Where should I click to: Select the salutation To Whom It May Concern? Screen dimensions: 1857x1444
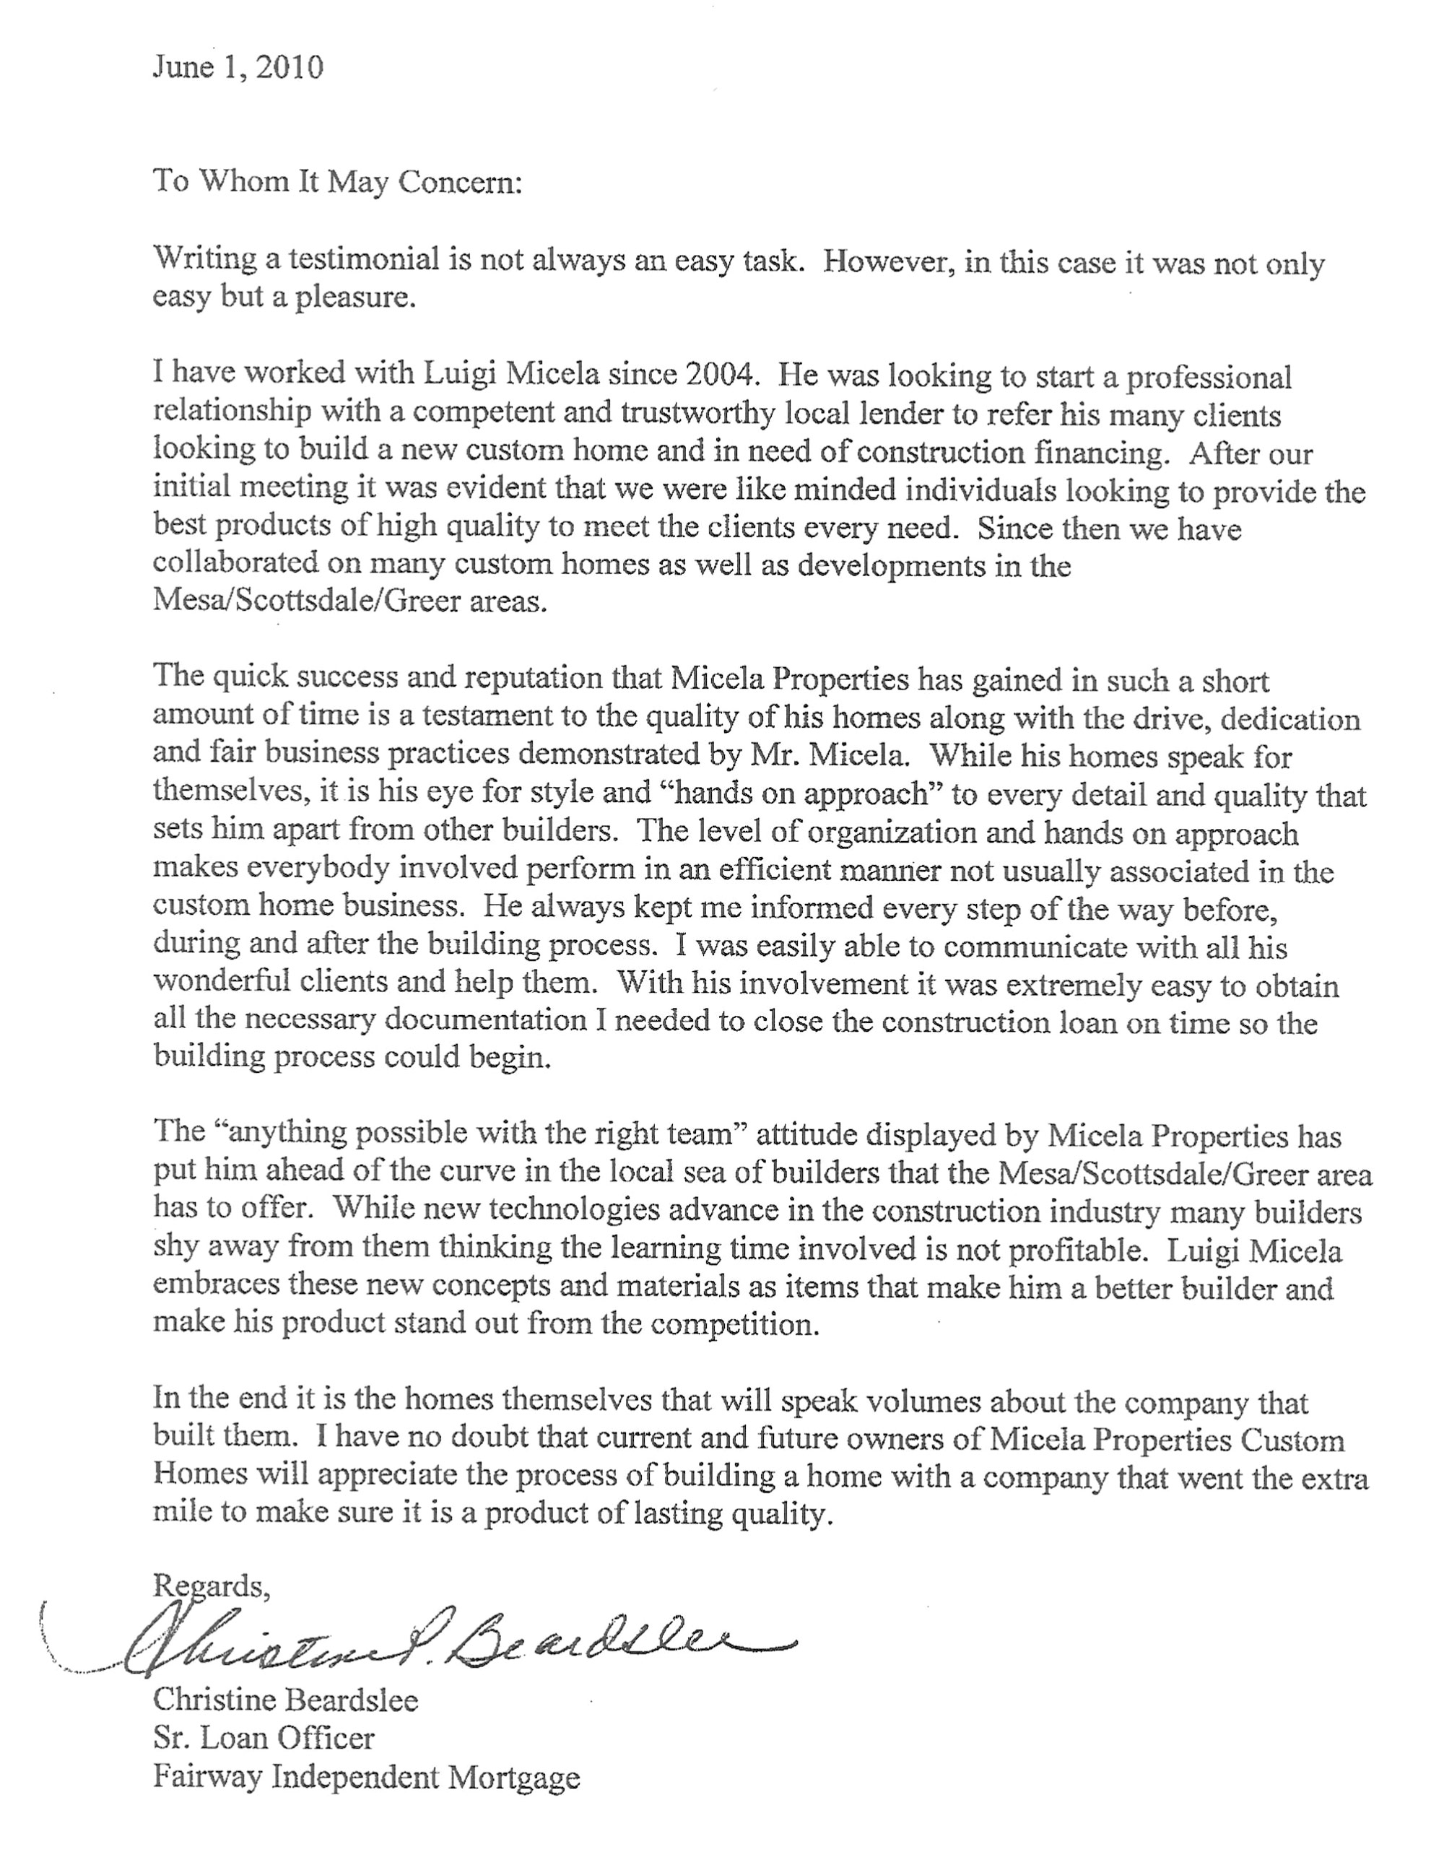pyautogui.click(x=336, y=183)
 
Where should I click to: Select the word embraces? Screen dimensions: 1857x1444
pyautogui.click(x=215, y=1286)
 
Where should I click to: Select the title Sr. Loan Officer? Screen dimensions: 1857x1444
pyautogui.click(x=264, y=1738)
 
